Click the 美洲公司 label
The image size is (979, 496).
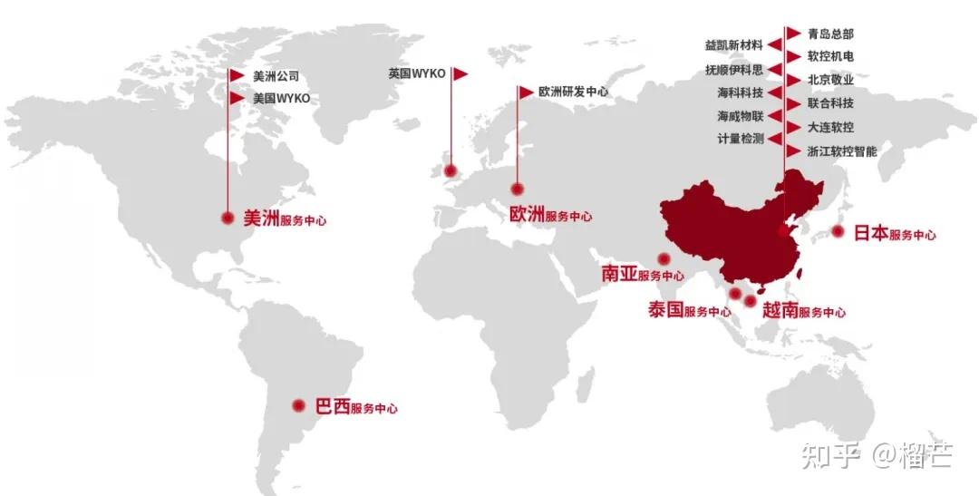[x=276, y=76]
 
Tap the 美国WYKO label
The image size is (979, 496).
[x=281, y=98]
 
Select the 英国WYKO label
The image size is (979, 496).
[x=417, y=73]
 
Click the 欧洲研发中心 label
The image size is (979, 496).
[x=573, y=92]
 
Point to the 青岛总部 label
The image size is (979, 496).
[x=830, y=34]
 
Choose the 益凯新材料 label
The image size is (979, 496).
[x=733, y=44]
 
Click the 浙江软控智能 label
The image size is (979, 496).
[x=842, y=151]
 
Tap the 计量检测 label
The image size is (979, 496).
[x=741, y=139]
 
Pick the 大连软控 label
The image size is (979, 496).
[x=830, y=128]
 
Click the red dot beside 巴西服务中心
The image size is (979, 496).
[x=298, y=406]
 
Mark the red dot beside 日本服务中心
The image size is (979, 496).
[x=838, y=232]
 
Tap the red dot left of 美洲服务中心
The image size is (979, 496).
[x=227, y=218]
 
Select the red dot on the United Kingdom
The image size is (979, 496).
[x=450, y=169]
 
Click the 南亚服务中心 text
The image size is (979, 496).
[x=643, y=274]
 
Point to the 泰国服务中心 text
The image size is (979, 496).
[x=689, y=310]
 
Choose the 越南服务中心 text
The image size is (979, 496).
[x=804, y=310]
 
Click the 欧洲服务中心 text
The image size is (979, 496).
[x=550, y=216]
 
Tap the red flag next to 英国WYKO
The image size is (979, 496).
[x=460, y=73]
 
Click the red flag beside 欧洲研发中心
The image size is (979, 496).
[x=526, y=92]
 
